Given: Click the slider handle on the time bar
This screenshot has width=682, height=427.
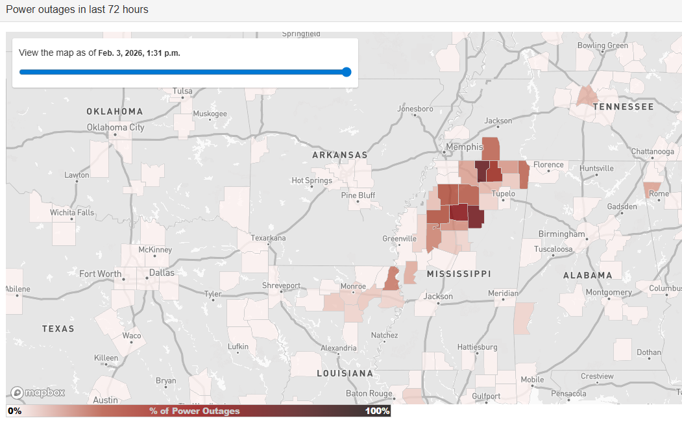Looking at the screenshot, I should pos(347,72).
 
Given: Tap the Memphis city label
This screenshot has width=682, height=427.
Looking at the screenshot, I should pos(464,147).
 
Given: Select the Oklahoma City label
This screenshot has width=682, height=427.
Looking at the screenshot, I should pos(116,127).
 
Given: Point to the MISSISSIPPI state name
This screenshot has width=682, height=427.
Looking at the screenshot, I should pos(458,274).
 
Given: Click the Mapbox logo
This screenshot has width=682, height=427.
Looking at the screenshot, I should pos(38,393).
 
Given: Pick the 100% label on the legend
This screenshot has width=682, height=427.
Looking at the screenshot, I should pos(377,411).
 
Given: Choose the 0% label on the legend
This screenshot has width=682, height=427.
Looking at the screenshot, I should pos(15,411).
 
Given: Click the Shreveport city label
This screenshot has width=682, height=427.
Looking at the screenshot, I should pos(281,286).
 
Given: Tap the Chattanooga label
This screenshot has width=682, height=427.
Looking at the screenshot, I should pos(652,151).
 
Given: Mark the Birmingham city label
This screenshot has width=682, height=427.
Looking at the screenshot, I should pos(561,234).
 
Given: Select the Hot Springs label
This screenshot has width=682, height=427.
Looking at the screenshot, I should pos(311,180).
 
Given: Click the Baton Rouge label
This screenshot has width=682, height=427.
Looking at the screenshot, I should pos(369,393).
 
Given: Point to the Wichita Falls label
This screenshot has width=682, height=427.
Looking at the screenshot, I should pos(71,212).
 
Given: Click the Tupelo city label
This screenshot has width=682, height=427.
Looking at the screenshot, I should pos(503,194).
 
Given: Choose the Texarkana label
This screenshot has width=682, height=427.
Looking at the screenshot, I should pos(268,238).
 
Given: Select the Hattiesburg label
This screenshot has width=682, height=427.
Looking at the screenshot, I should pos(477,347).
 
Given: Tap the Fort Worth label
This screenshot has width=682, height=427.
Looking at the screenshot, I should pos(100,274).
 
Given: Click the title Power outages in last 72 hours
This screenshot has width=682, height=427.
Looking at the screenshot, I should pos(77,10).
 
